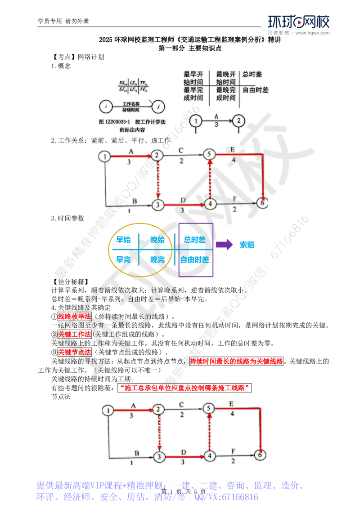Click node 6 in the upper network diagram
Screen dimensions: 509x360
point(263,203)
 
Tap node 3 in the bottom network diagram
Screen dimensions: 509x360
point(158,457)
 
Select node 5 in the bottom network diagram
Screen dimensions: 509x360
point(208,409)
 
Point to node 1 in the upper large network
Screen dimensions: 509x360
point(104,156)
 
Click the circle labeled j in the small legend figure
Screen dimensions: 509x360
point(157,107)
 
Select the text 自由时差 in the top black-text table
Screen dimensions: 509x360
point(256,90)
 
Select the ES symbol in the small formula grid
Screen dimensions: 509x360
point(122,83)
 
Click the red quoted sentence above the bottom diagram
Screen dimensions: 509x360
point(184,387)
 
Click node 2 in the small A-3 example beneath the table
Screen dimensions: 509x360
point(239,120)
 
